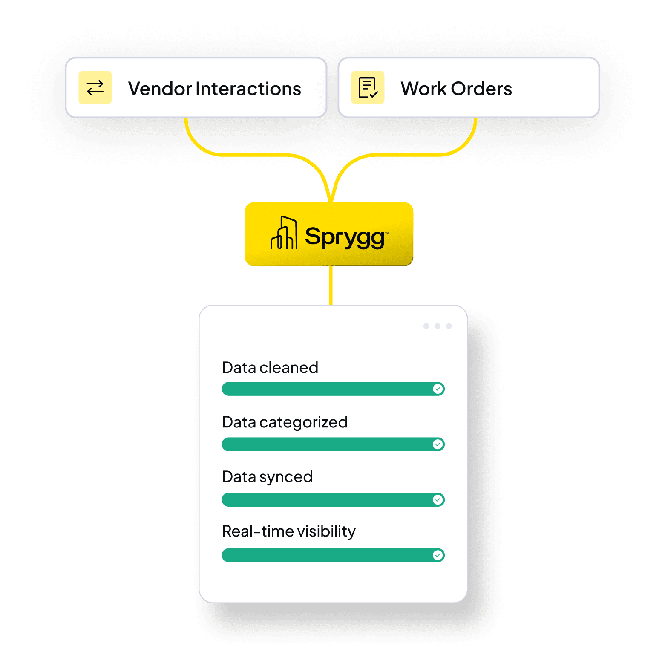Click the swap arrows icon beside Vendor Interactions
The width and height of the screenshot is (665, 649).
95,88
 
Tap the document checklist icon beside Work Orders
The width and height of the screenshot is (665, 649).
368,88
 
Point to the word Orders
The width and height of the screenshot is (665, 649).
481,89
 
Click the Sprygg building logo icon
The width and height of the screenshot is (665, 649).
284,233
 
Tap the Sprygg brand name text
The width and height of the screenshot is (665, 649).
345,237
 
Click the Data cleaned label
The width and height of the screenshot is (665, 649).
270,368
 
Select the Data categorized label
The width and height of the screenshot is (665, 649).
285,422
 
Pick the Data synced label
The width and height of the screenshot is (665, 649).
267,477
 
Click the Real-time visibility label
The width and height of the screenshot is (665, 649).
288,531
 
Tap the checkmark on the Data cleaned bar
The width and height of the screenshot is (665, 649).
438,389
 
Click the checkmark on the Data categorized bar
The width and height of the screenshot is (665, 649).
438,444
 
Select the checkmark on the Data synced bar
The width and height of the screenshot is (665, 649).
438,499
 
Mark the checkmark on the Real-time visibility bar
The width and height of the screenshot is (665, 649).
438,555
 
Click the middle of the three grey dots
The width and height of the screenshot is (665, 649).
438,326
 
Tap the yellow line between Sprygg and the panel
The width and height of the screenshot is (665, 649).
331,285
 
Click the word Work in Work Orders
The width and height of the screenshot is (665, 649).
423,89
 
